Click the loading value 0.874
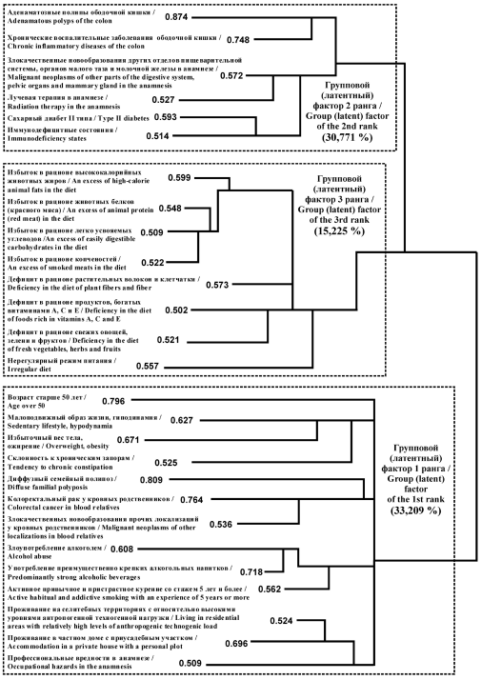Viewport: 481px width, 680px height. click(176, 17)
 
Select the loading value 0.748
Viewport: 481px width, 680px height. click(238, 39)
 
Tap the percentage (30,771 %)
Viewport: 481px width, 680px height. click(347, 137)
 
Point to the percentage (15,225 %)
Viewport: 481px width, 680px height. click(339, 230)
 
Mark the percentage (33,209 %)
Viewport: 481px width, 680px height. click(415, 510)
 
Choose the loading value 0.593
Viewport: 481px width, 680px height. click(165, 116)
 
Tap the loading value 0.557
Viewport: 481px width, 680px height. click(148, 366)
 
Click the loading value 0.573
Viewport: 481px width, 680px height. click(217, 285)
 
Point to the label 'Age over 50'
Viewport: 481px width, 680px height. click(26, 406)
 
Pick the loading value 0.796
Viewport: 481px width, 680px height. click(113, 401)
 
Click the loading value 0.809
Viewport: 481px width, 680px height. click(151, 480)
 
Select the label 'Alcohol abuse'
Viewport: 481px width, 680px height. click(30, 556)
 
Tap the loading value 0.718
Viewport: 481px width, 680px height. click(251, 572)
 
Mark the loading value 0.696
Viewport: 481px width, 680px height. click(236, 643)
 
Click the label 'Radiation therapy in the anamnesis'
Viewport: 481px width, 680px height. click(64, 107)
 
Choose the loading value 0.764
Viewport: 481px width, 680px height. click(191, 500)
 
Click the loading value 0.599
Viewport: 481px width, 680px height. click(180, 177)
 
